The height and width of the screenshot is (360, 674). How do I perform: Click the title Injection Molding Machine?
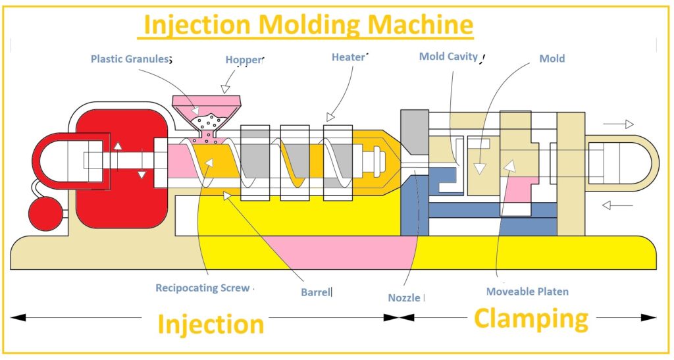pos(308,25)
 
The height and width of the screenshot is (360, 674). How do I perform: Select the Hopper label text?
pos(244,60)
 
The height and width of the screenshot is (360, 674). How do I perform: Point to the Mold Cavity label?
pos(448,57)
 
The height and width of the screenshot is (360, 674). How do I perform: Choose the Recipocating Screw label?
pos(203,288)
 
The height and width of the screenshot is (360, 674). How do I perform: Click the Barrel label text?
pos(315,292)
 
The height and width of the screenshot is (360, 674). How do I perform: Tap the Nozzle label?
pos(404,297)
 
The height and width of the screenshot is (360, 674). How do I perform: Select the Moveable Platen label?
pos(527,291)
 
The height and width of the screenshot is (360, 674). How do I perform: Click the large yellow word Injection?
pos(211,324)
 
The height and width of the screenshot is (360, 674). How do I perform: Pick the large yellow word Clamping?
pos(531,319)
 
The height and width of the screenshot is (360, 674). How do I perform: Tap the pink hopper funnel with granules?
pos(207,112)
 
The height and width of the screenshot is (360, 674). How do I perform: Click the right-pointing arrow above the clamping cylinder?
pos(619,124)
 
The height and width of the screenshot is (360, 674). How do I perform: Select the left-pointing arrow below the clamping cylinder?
pos(617,205)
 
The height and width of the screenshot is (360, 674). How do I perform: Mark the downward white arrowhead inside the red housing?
pos(141,174)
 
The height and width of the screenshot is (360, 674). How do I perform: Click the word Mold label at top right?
pos(552,59)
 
